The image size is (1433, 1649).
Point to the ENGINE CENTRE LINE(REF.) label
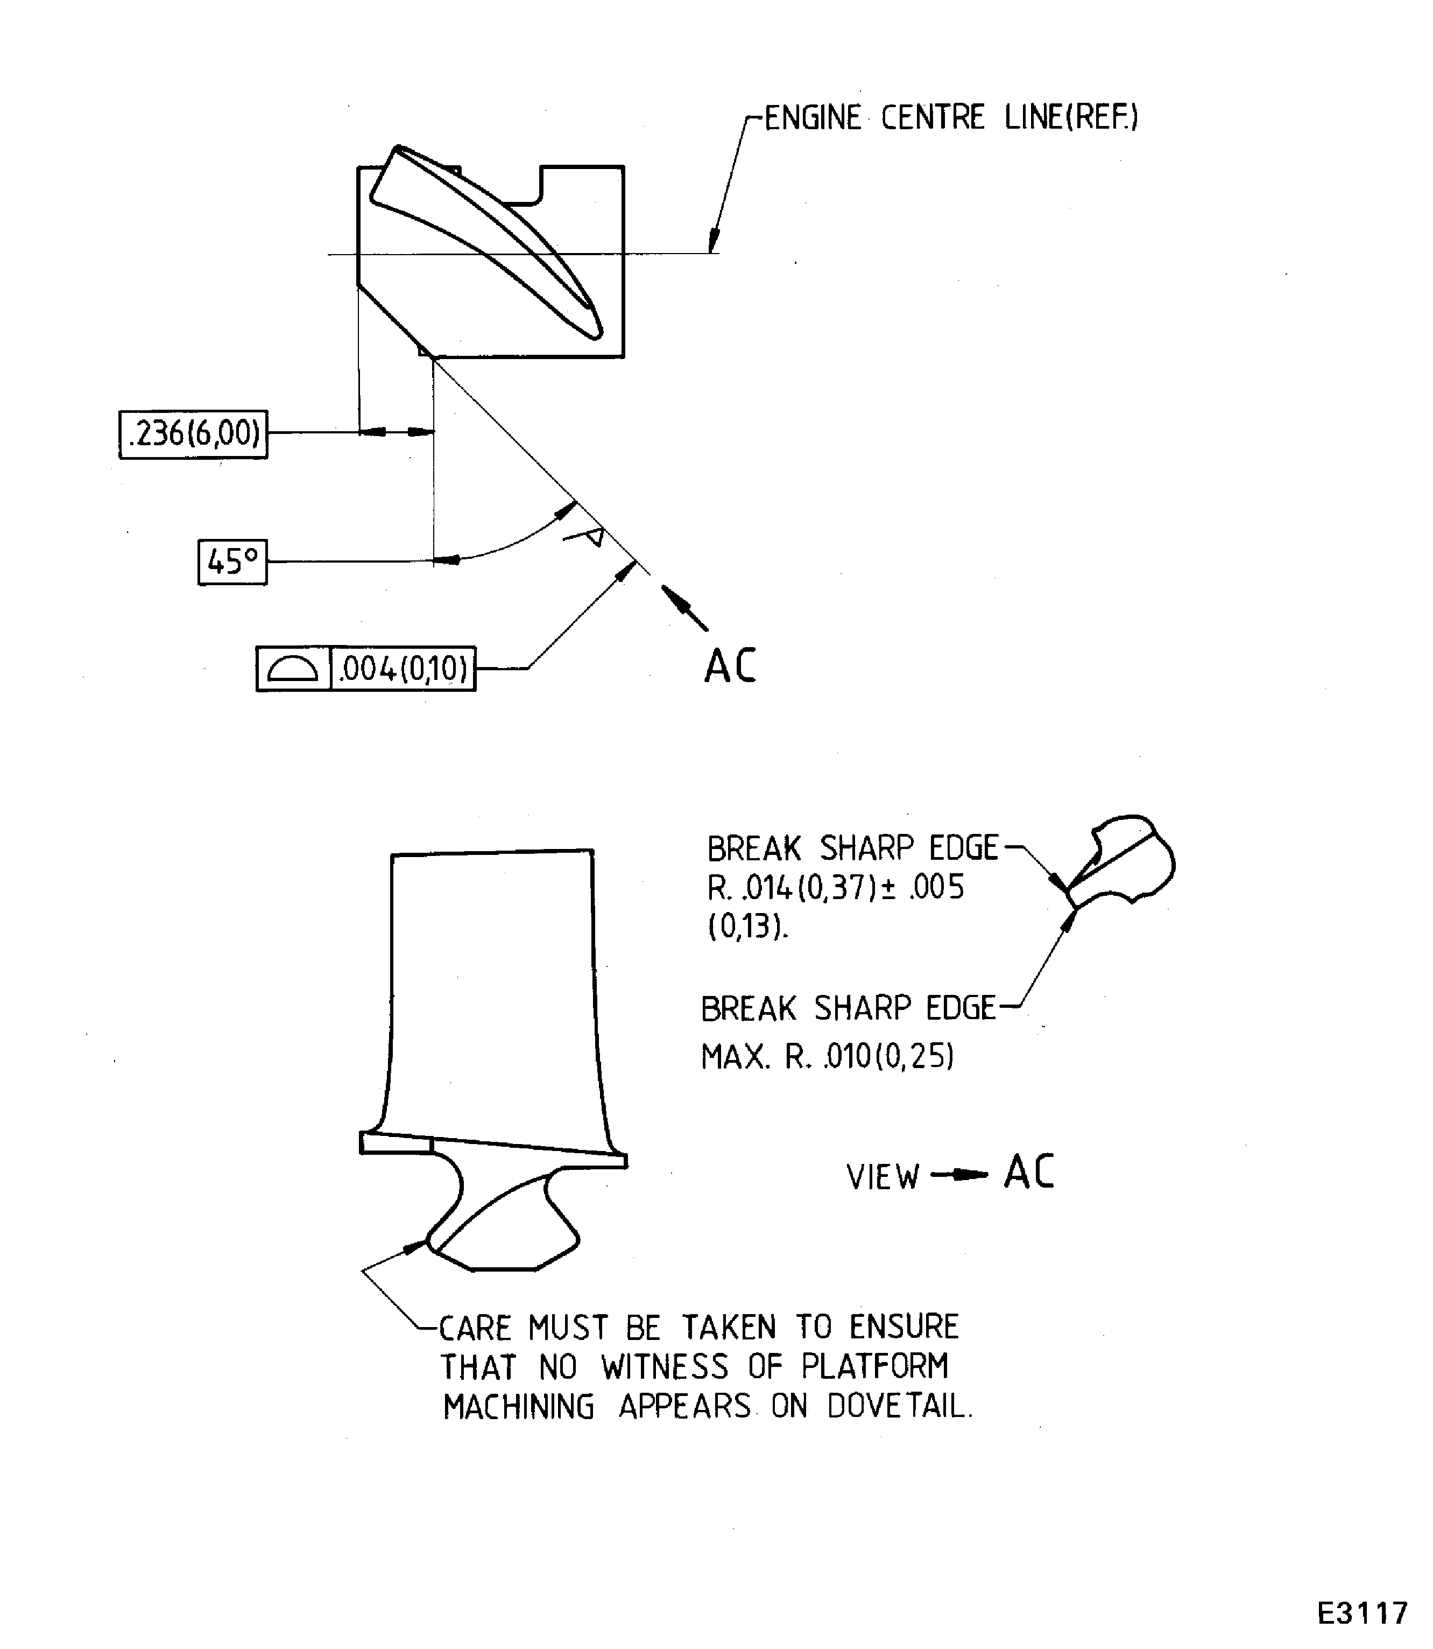click(x=951, y=117)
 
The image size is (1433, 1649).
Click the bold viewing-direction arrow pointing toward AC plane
click(x=684, y=608)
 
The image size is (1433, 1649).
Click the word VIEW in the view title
click(x=883, y=1177)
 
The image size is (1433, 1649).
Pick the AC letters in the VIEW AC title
click(x=1029, y=1172)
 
